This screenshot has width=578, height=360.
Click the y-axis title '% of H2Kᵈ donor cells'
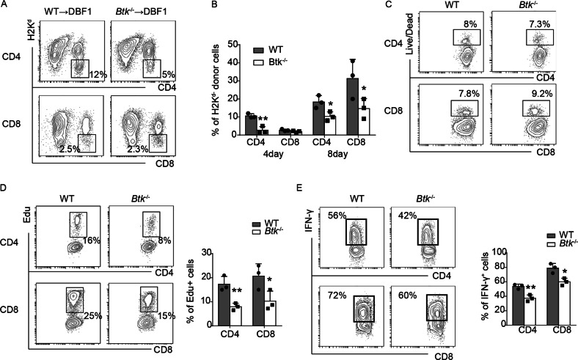coord(217,88)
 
